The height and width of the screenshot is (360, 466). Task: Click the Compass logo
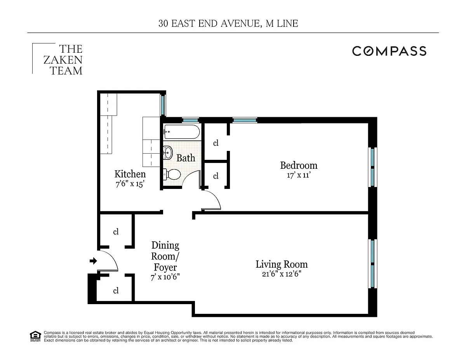389,51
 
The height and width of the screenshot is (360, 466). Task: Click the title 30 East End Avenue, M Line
228,23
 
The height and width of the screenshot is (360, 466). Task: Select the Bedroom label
299,165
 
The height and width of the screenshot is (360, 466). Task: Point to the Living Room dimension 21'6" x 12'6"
282,274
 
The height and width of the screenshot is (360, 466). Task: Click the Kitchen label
130,174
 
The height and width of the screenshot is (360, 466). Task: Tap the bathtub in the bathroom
181,132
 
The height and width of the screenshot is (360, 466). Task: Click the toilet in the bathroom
171,175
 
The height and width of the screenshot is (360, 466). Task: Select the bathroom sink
168,152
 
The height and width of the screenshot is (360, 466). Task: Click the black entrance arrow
93,261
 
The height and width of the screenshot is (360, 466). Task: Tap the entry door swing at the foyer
110,260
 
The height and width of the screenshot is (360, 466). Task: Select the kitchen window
163,104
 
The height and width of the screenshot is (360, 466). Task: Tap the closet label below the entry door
116,291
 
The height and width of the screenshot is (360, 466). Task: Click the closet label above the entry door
116,232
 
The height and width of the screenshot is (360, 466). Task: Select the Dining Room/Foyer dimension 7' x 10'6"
165,277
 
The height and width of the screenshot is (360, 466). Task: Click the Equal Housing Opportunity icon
35,336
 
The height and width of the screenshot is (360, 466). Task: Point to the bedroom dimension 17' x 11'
299,175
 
